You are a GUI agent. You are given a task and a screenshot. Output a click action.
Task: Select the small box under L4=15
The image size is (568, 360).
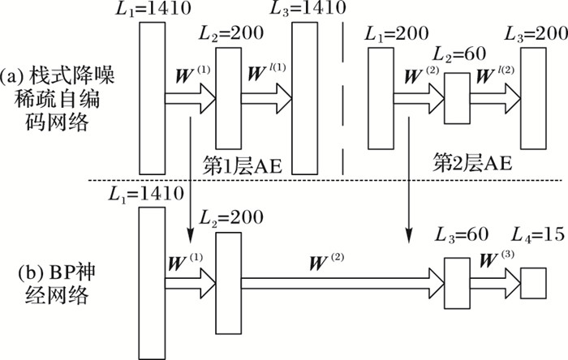click(532, 283)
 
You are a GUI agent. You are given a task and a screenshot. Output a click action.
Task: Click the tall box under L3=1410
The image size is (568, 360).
click(305, 97)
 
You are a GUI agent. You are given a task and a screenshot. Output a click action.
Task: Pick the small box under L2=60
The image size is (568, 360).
click(458, 97)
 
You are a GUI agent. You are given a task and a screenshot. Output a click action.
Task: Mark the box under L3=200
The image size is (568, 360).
click(533, 97)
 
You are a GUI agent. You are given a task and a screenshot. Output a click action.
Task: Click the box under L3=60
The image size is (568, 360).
click(458, 283)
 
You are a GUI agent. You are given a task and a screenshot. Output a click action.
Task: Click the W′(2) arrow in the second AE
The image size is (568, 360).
click(495, 97)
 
